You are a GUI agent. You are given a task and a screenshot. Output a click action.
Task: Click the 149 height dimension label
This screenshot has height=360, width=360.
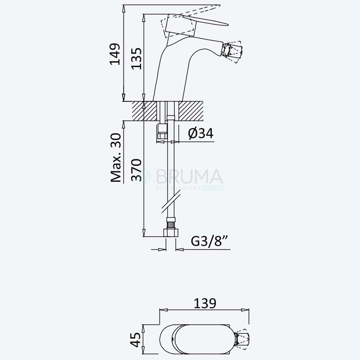click(x=115, y=54)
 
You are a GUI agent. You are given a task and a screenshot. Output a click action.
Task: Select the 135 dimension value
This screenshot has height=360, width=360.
click(x=136, y=59)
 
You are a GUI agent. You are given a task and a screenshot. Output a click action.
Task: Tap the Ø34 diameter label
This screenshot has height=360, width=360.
click(x=201, y=133)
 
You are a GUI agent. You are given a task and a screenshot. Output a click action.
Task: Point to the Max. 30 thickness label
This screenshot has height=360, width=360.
click(x=116, y=158)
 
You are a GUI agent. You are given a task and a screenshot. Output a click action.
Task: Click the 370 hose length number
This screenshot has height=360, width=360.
click(x=136, y=170)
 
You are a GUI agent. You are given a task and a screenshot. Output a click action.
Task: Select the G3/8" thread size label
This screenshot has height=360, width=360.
click(x=210, y=241)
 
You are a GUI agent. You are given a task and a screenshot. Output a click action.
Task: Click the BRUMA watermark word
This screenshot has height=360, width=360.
click(x=189, y=177)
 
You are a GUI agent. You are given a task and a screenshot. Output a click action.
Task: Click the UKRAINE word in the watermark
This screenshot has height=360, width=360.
click(x=212, y=189)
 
